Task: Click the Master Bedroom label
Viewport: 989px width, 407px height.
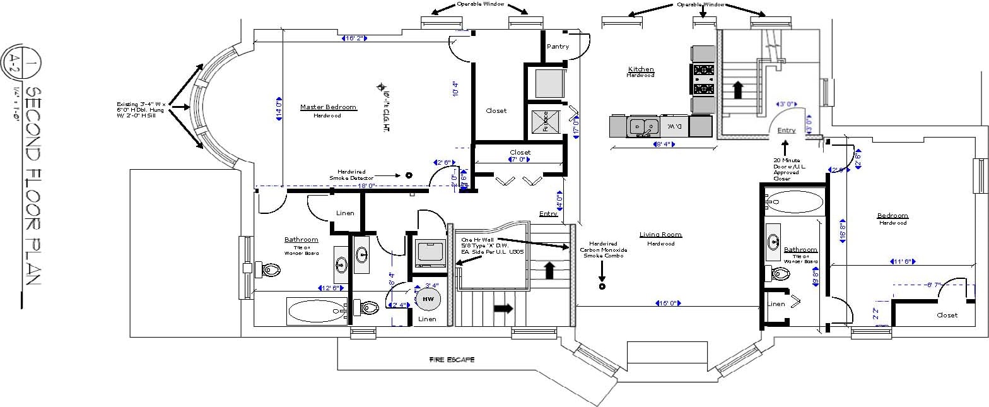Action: tap(328, 107)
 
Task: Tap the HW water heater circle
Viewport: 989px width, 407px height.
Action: tap(428, 298)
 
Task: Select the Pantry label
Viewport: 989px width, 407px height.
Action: tap(558, 46)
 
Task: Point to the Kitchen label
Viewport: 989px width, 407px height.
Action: tap(641, 69)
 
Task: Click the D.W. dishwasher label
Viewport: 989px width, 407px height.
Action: tap(675, 127)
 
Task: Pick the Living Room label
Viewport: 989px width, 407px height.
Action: tap(660, 235)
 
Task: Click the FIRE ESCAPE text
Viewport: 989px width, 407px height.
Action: tap(452, 360)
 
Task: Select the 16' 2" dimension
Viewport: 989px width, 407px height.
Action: tap(354, 38)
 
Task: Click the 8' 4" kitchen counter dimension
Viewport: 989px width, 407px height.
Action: tap(664, 145)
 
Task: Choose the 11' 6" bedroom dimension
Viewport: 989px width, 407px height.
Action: tap(903, 261)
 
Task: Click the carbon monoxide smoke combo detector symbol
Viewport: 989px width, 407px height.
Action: tap(602, 286)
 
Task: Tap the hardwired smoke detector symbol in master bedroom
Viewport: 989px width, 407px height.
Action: tap(409, 175)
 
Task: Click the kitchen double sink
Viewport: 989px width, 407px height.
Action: tap(643, 127)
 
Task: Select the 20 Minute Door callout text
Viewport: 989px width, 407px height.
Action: tap(786, 169)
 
